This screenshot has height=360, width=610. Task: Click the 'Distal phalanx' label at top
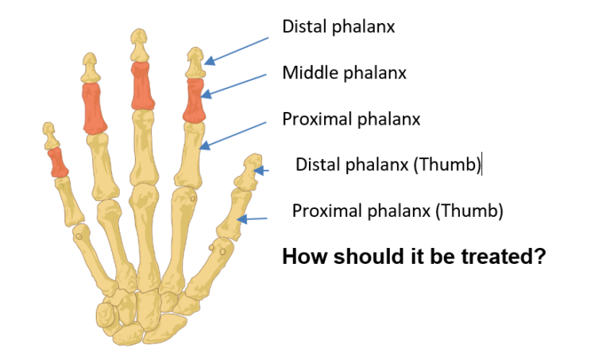[x=338, y=27]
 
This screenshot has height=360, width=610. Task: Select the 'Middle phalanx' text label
[x=344, y=73]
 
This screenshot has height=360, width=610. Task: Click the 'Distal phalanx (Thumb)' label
[x=388, y=165]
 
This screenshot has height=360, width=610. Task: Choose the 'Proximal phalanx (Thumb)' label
[x=398, y=211]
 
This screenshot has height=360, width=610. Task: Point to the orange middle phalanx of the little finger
[x=58, y=161]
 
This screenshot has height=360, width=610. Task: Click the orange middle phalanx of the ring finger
[x=95, y=108]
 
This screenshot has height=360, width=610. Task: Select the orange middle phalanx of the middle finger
[x=141, y=86]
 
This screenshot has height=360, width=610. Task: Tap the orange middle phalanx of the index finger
[x=194, y=99]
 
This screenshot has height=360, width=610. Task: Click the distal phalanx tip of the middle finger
[x=140, y=45]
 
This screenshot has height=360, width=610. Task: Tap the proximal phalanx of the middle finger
[x=143, y=148]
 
